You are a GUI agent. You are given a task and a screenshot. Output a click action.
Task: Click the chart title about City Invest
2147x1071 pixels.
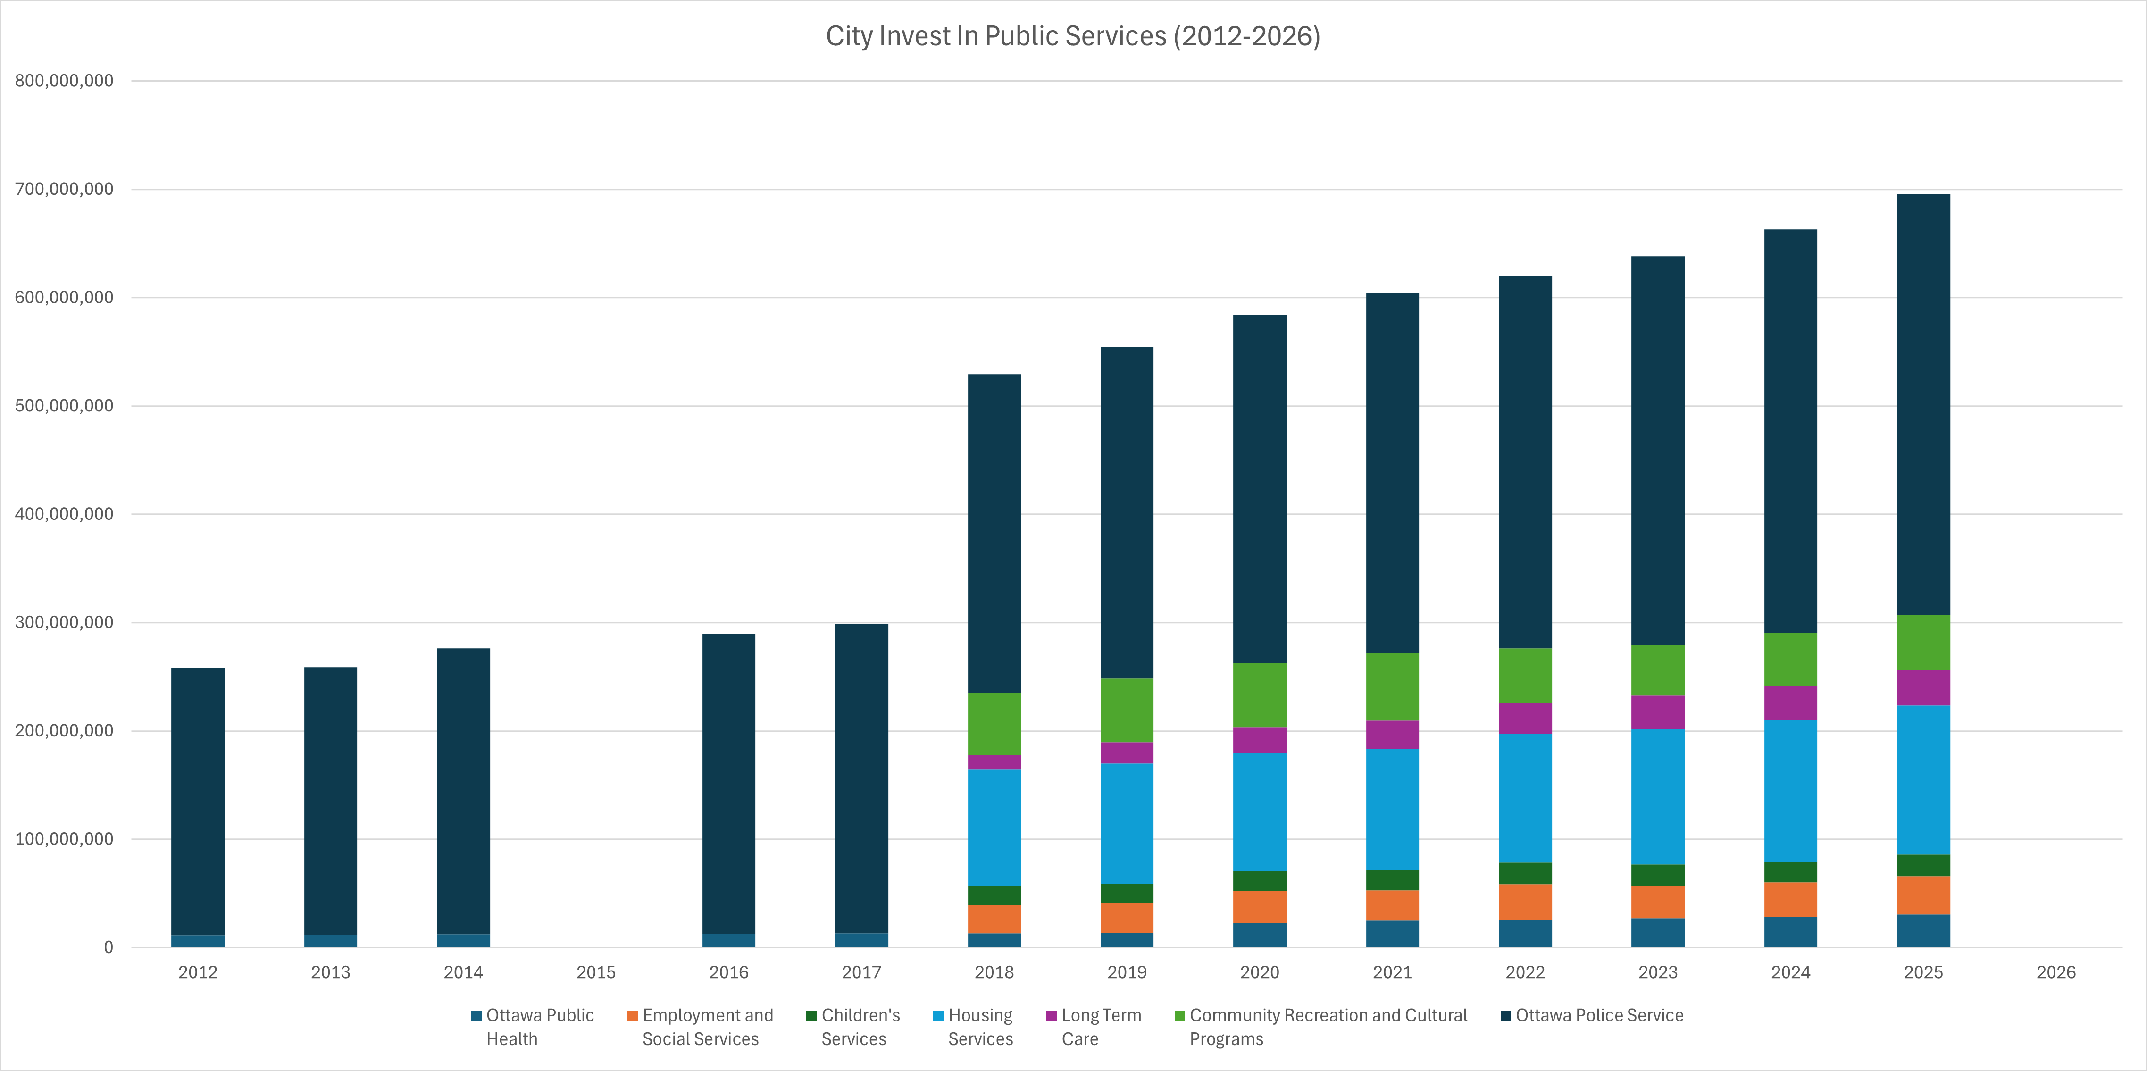[1073, 36]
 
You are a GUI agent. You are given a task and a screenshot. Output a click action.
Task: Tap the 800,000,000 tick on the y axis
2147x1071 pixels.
[64, 81]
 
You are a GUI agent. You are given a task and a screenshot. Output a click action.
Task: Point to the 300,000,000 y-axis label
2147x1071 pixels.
[64, 623]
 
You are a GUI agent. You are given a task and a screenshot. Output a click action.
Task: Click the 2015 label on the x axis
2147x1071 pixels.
[596, 972]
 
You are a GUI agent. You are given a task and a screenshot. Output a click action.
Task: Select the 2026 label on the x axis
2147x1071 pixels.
[2055, 972]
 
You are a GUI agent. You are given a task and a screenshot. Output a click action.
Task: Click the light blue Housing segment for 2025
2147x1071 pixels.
[1923, 780]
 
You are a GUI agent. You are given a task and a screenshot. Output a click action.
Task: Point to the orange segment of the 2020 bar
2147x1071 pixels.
[1259, 907]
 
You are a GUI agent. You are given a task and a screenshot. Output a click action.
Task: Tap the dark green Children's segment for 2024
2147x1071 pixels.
[1790, 872]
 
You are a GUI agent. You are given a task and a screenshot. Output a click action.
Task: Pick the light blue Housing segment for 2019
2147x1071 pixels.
[1127, 823]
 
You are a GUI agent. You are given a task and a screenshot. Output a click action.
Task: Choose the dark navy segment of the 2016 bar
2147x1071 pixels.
[728, 784]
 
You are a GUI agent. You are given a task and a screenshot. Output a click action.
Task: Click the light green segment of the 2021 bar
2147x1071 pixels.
[1392, 687]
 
